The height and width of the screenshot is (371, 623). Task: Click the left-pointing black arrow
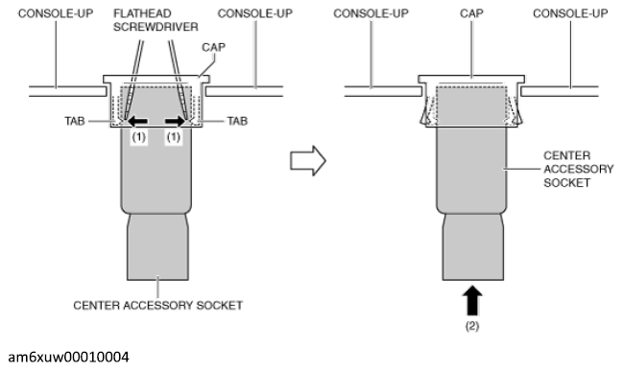pos(141,122)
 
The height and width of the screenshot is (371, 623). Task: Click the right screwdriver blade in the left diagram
pos(181,77)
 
